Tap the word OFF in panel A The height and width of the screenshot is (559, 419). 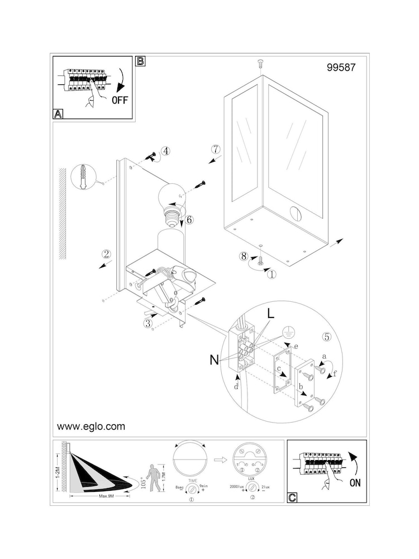click(x=120, y=101)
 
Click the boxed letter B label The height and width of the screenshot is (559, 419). click(x=141, y=61)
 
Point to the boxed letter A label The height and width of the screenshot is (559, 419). click(x=58, y=114)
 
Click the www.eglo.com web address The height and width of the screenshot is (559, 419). click(x=91, y=427)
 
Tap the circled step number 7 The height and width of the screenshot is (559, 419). click(x=217, y=149)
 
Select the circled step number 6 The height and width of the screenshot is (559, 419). click(x=189, y=220)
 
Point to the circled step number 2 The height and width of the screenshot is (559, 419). click(x=106, y=253)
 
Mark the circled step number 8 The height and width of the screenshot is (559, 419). click(x=243, y=257)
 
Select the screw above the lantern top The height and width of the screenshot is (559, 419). click(x=260, y=64)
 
